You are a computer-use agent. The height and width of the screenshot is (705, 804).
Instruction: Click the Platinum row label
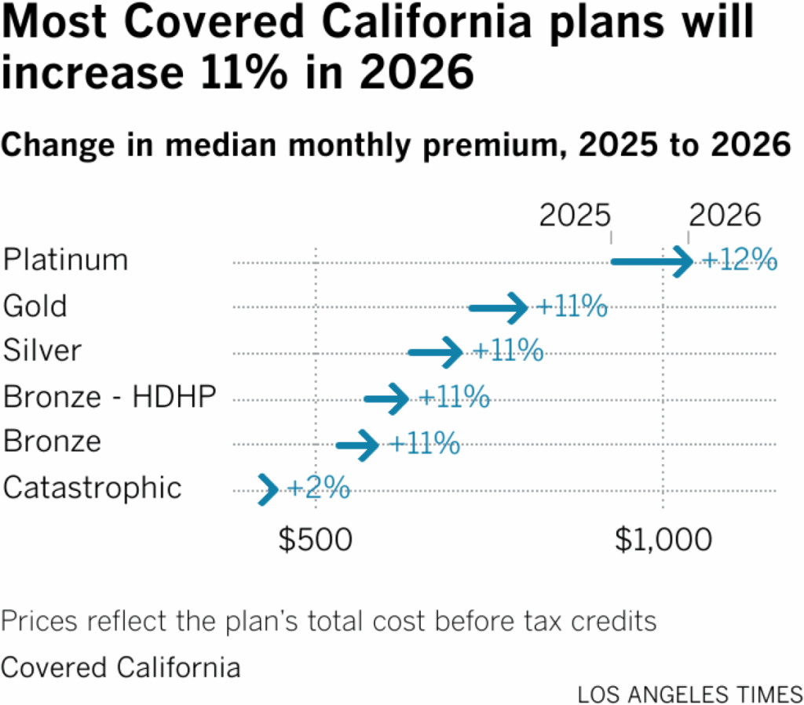[x=65, y=260]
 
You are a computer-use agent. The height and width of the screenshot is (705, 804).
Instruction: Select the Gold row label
[x=35, y=306]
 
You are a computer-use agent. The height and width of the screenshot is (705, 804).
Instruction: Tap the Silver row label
[x=42, y=351]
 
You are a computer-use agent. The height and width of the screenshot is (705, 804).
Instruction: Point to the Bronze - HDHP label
[x=109, y=397]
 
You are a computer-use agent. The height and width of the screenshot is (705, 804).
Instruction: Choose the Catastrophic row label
[x=93, y=488]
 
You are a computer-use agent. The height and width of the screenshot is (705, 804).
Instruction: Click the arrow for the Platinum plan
[x=652, y=261]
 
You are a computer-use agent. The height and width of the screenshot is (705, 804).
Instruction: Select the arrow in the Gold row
[x=499, y=307]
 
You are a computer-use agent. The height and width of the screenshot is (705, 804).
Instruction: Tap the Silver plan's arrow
[x=436, y=352]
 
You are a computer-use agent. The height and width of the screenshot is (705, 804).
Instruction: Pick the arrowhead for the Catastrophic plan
[x=269, y=489]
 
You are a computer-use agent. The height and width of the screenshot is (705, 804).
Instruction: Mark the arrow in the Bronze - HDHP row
[x=386, y=398]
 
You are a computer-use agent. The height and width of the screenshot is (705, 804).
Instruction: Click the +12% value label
[x=739, y=260]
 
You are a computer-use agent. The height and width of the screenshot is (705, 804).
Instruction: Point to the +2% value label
[x=318, y=489]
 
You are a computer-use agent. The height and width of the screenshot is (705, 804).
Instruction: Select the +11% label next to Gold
[x=572, y=307]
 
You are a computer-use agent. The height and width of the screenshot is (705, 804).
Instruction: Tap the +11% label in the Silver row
[x=509, y=351]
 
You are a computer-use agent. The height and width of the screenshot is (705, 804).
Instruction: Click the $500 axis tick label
[x=316, y=540]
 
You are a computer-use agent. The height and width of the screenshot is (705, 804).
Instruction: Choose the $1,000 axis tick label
[x=663, y=540]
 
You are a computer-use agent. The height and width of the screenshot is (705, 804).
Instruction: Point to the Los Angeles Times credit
[x=690, y=693]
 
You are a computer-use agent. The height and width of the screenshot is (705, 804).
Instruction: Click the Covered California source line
[x=121, y=667]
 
